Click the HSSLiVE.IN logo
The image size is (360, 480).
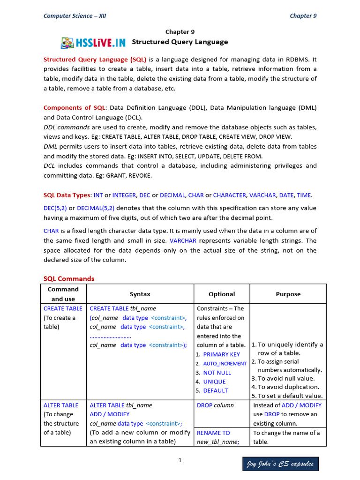(x=93, y=43)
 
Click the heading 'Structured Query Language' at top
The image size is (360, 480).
(x=180, y=42)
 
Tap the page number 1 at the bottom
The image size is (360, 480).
(x=180, y=460)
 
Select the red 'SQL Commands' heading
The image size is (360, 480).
(x=69, y=278)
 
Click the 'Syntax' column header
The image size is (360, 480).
(x=140, y=294)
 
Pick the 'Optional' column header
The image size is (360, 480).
(x=222, y=294)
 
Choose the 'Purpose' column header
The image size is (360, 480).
(x=288, y=294)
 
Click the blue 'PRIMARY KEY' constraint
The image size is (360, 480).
(x=221, y=354)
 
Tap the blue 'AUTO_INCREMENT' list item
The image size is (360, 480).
(x=225, y=364)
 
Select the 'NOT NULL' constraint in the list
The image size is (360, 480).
(x=217, y=373)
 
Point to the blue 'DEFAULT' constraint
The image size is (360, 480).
(x=215, y=390)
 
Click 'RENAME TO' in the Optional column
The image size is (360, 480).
(x=213, y=433)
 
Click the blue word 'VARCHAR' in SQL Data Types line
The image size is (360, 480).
(x=262, y=195)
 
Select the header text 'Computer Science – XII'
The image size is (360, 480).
(x=75, y=15)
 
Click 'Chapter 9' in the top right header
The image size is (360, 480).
(x=303, y=15)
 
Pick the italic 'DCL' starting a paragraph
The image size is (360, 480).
(x=50, y=165)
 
